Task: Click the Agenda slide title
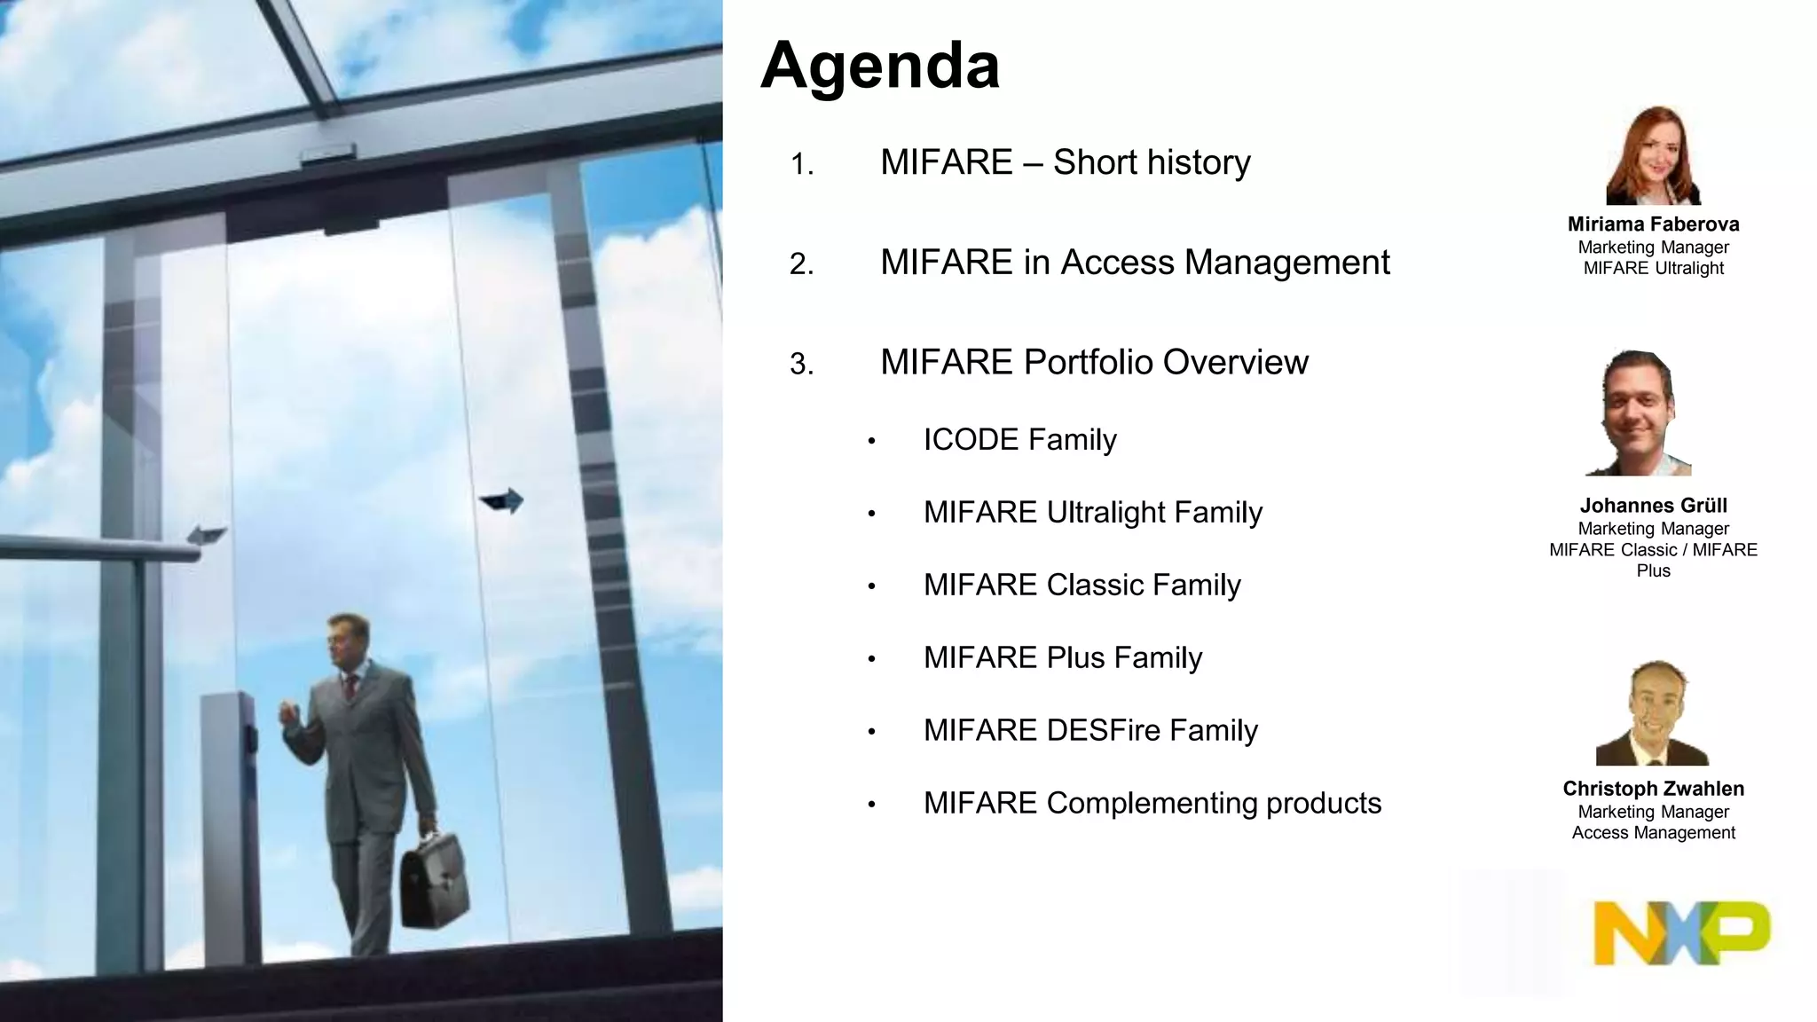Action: (879, 66)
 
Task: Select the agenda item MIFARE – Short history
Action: (1065, 162)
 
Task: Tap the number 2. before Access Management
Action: (801, 264)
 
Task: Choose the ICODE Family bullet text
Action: (1019, 440)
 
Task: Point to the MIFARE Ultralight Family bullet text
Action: (1092, 513)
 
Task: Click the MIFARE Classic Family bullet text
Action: (1082, 586)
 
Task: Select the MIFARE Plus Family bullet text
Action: (1062, 658)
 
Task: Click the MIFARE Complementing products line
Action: (1152, 804)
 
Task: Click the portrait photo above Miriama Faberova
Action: (1653, 157)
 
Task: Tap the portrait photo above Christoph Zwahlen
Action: (1652, 713)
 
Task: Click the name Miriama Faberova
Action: (1653, 224)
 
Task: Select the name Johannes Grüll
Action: (1653, 506)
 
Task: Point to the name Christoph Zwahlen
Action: (1653, 789)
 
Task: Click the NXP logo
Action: (1680, 932)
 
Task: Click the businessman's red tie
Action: (350, 687)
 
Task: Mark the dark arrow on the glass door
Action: (503, 502)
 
